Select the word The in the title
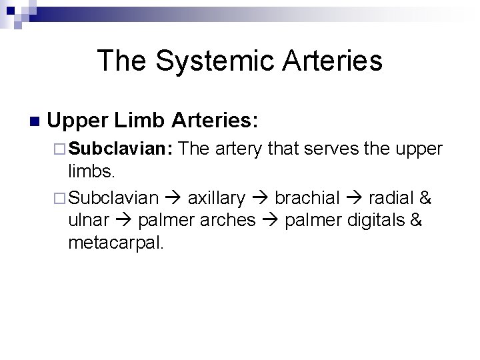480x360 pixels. (121, 61)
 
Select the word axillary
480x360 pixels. (217, 197)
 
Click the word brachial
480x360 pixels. (305, 197)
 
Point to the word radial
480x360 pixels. (388, 197)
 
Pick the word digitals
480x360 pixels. (373, 221)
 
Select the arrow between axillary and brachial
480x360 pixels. (260, 198)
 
